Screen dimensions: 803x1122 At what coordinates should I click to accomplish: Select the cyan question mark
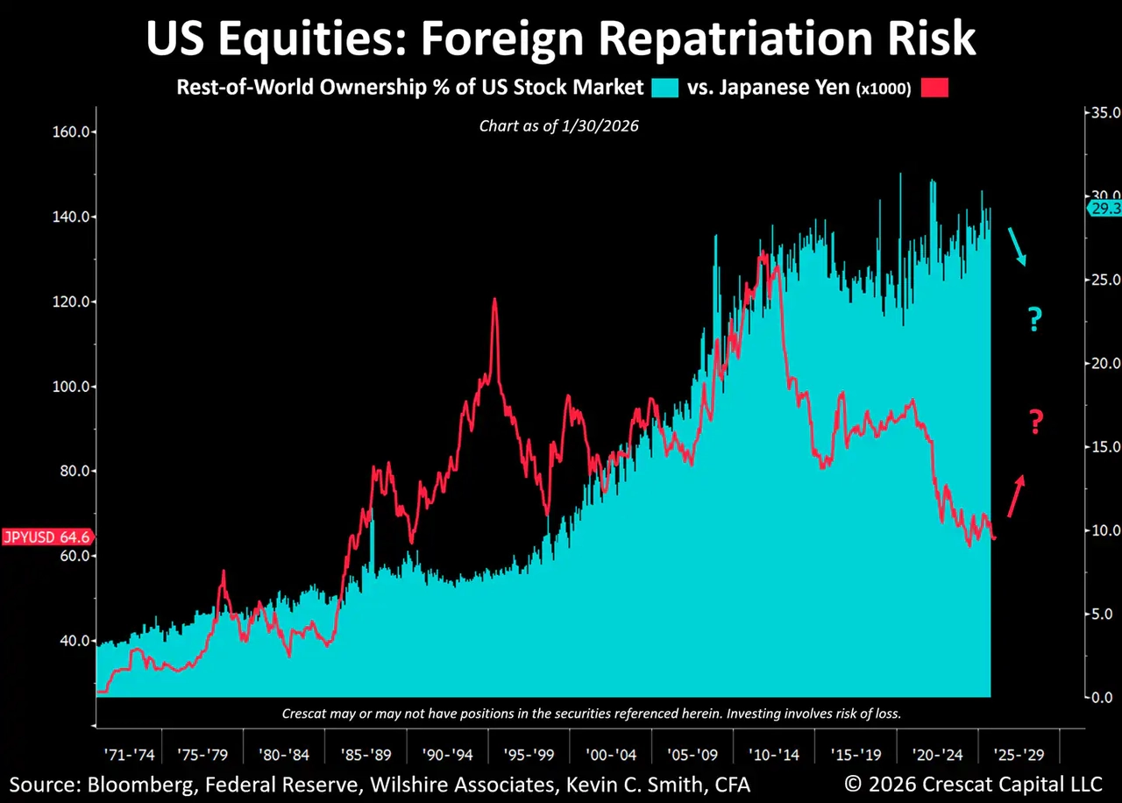[x=1034, y=319]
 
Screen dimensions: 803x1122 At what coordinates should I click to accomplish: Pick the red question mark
[x=1035, y=423]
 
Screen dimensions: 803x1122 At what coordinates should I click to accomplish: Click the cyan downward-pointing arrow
[x=1016, y=246]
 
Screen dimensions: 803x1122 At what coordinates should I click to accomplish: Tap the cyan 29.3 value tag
[x=1104, y=208]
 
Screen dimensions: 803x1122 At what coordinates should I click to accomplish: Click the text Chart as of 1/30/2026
[x=558, y=126]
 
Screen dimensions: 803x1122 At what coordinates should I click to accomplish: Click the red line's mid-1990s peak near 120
[x=494, y=301]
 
